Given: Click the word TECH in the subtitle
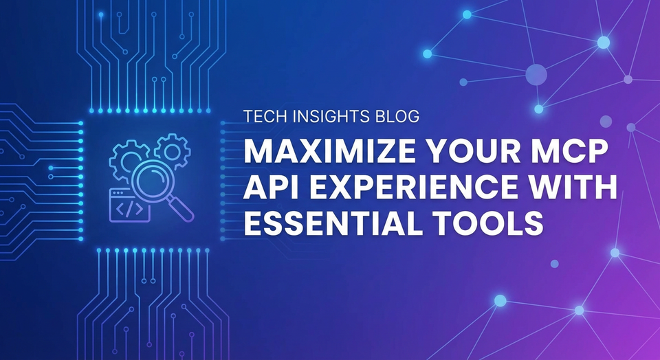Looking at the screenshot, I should (x=263, y=117).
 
